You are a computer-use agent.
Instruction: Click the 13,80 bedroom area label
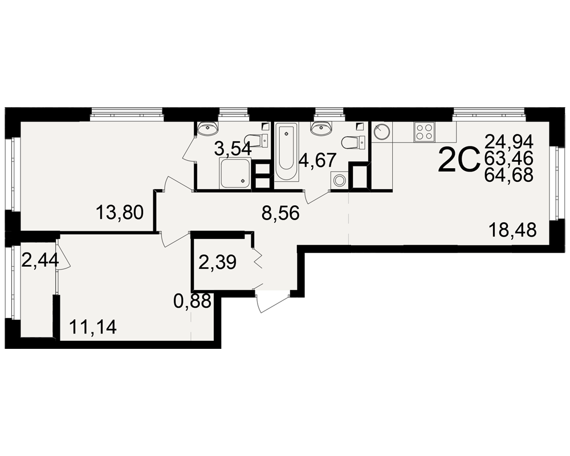pyautogui.click(x=120, y=213)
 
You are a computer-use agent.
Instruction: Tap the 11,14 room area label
pyautogui.click(x=93, y=327)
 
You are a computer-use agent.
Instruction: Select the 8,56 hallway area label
pyautogui.click(x=280, y=213)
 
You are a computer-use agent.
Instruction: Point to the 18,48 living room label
pyautogui.click(x=512, y=230)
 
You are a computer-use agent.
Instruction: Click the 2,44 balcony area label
pyautogui.click(x=40, y=260)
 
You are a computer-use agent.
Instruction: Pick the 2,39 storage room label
pyautogui.click(x=218, y=262)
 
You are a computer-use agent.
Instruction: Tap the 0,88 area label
pyautogui.click(x=192, y=301)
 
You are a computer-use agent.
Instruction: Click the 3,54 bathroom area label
pyautogui.click(x=233, y=148)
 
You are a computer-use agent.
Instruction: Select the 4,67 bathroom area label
pyautogui.click(x=317, y=160)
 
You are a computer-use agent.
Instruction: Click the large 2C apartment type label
pyautogui.click(x=459, y=159)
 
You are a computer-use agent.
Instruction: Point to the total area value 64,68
pyautogui.click(x=509, y=175)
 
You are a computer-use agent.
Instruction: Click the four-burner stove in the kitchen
pyautogui.click(x=424, y=132)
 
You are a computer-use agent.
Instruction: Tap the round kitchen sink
pyautogui.click(x=382, y=132)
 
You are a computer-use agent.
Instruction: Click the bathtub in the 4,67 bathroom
pyautogui.click(x=287, y=152)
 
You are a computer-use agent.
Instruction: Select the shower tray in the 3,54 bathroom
pyautogui.click(x=235, y=173)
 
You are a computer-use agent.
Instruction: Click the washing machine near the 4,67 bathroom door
pyautogui.click(x=340, y=180)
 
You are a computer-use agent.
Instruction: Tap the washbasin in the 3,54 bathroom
pyautogui.click(x=207, y=128)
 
